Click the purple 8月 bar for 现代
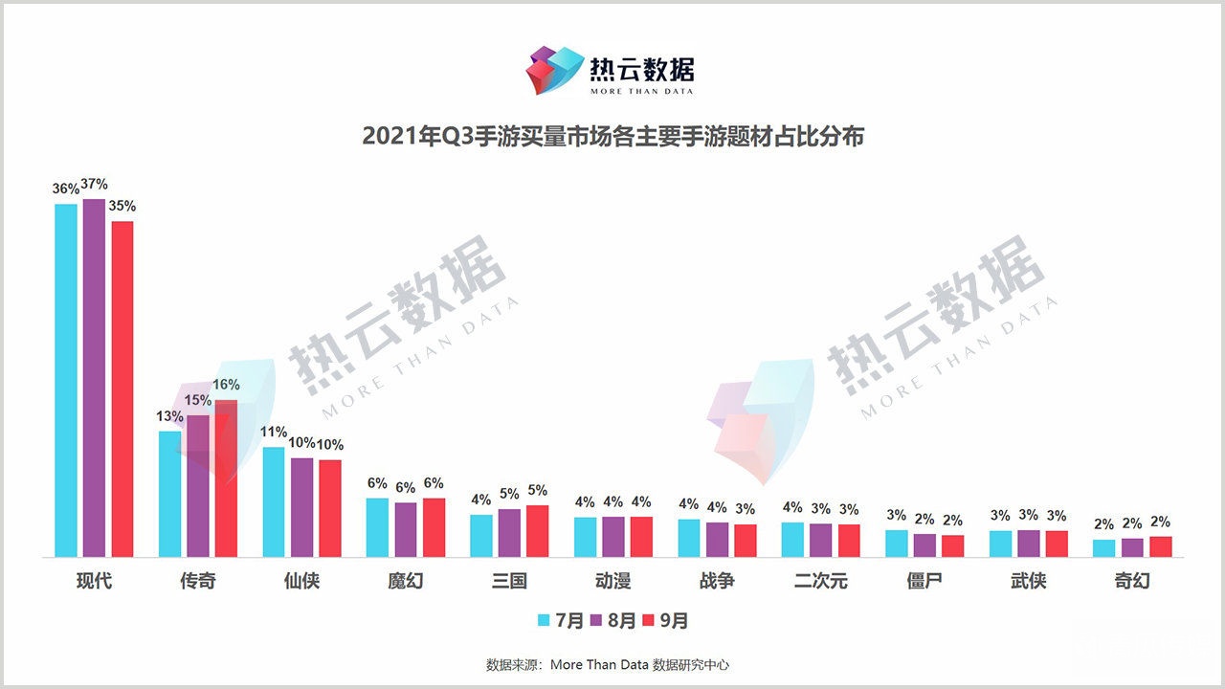(94, 378)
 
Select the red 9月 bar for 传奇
(226, 478)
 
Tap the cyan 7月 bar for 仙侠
(274, 501)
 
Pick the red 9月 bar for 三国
(538, 531)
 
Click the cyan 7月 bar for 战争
(689, 538)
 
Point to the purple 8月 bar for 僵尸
(924, 545)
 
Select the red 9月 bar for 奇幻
(1161, 546)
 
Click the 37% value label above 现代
(94, 184)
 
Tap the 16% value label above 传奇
(226, 385)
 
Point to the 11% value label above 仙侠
(274, 432)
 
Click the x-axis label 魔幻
(405, 581)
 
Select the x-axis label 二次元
(820, 581)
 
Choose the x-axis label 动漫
(612, 581)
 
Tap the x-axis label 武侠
(1028, 581)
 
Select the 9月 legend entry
(665, 620)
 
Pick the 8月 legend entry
(612, 620)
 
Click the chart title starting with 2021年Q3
(612, 137)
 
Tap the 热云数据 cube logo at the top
(555, 69)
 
